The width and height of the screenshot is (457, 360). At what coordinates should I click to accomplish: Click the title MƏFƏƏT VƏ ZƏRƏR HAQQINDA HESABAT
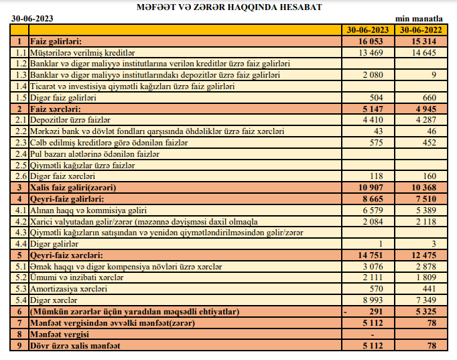[228, 7]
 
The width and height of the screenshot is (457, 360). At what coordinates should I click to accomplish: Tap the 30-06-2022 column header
[421, 30]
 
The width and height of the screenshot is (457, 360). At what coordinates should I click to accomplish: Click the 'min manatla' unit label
[428, 20]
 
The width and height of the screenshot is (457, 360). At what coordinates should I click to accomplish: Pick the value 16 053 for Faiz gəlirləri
[377, 41]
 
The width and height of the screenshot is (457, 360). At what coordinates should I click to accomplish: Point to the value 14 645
[431, 52]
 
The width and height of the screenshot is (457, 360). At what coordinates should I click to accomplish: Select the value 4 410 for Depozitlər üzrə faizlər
[379, 119]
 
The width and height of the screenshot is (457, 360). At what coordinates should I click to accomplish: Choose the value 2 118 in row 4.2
[433, 221]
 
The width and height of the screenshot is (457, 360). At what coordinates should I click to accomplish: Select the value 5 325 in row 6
[433, 312]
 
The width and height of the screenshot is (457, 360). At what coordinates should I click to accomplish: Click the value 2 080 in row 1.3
[379, 74]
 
